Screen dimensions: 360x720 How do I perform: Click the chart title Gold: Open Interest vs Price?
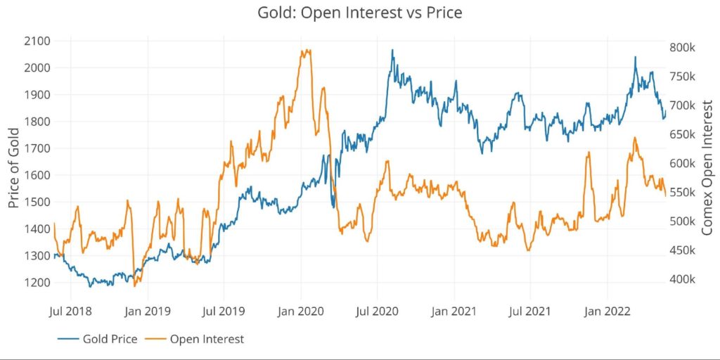pyautogui.click(x=359, y=13)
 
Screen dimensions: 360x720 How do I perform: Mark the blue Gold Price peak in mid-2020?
pyautogui.click(x=392, y=50)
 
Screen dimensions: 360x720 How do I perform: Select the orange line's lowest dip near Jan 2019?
pyautogui.click(x=134, y=285)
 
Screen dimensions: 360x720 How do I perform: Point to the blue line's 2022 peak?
pyautogui.click(x=635, y=57)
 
